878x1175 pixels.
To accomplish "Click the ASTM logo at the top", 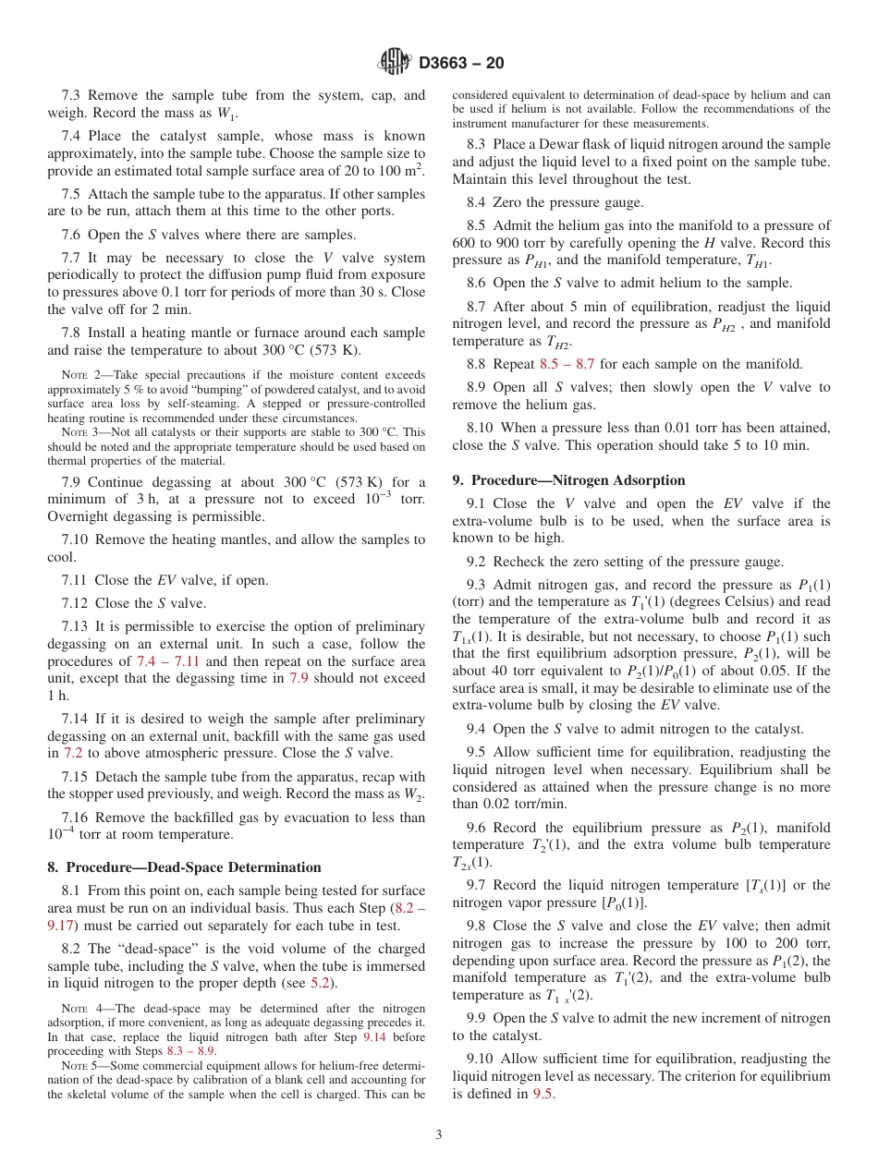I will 396,63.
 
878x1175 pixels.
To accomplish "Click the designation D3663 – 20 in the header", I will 461,64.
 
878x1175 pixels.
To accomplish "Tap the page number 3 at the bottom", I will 438,1134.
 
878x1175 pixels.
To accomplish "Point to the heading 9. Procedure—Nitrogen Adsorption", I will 568,480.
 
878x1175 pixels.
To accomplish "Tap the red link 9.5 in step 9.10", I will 543,1094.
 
